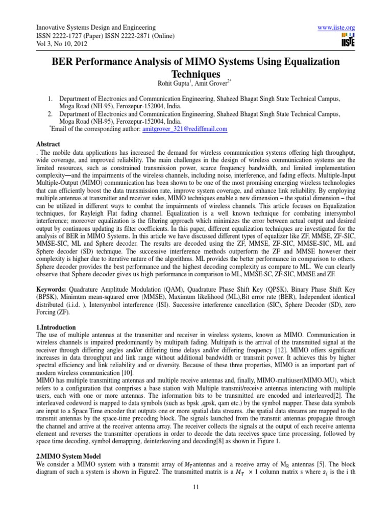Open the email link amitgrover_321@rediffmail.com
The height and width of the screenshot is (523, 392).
pos(184,130)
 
